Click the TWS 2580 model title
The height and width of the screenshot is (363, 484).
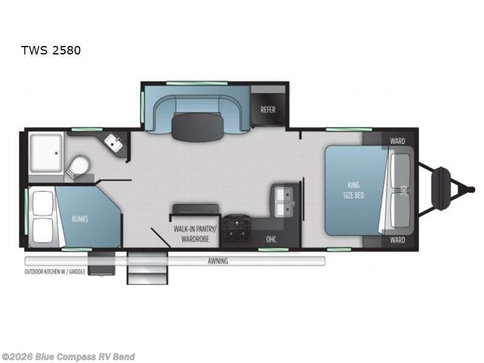click(51, 50)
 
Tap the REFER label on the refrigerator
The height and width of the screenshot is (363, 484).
click(268, 110)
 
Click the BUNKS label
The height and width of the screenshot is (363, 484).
click(79, 218)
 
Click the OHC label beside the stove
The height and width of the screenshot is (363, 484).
click(272, 239)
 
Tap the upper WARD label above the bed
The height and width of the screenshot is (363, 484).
click(397, 141)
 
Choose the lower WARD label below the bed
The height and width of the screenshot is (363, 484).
click(397, 240)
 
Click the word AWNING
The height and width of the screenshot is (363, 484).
click(218, 261)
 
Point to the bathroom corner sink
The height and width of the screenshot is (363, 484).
click(113, 143)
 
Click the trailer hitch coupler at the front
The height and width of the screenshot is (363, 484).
click(471, 189)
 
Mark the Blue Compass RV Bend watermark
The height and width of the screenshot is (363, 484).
click(68, 356)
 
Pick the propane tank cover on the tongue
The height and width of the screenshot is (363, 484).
click(441, 189)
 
